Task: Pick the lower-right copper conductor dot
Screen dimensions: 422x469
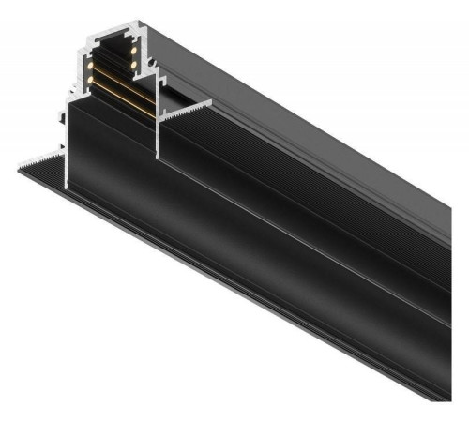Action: point(133,64)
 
